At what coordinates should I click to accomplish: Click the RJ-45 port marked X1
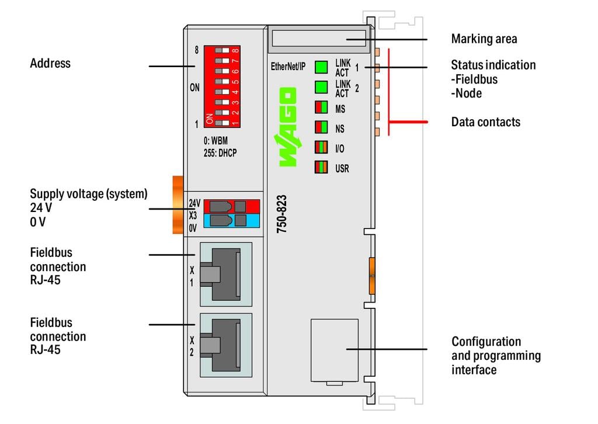coord(225,273)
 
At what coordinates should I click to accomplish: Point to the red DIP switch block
coord(222,86)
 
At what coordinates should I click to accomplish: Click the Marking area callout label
coord(484,39)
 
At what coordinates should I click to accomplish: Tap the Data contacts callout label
coord(485,122)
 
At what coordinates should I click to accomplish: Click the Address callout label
coord(50,63)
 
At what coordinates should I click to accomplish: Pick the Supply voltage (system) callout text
coord(88,194)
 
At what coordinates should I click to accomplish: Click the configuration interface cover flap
coord(335,349)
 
